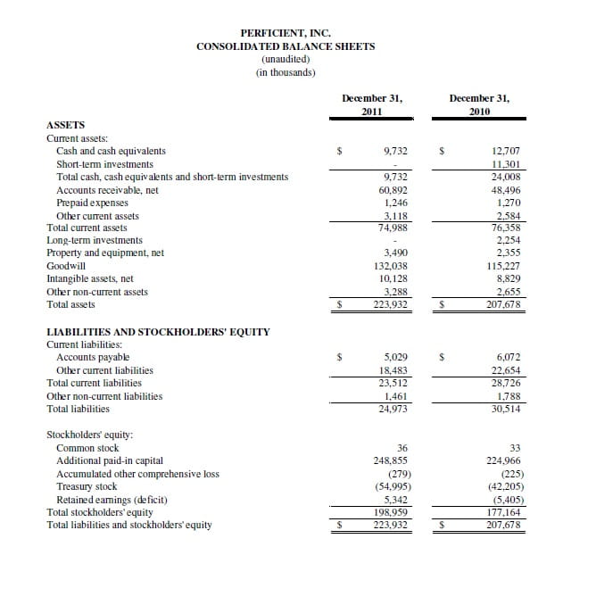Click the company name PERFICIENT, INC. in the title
[x=286, y=34]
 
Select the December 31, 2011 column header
[x=372, y=104]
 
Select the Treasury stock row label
[x=86, y=486]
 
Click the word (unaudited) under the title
[x=286, y=60]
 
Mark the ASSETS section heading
[x=65, y=127]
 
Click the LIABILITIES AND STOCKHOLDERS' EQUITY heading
[x=157, y=332]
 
